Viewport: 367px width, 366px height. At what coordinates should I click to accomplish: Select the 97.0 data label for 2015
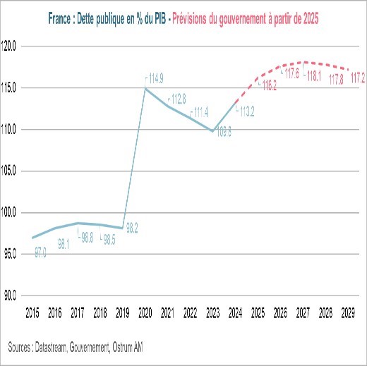[x=40, y=251]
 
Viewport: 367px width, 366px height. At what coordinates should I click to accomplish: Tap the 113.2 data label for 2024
[x=245, y=111]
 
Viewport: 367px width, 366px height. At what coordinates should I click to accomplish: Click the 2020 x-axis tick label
[x=145, y=311]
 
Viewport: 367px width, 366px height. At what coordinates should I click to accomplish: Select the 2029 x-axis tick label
[x=348, y=311]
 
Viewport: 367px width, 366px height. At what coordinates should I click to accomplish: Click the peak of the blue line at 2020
[x=145, y=88]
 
